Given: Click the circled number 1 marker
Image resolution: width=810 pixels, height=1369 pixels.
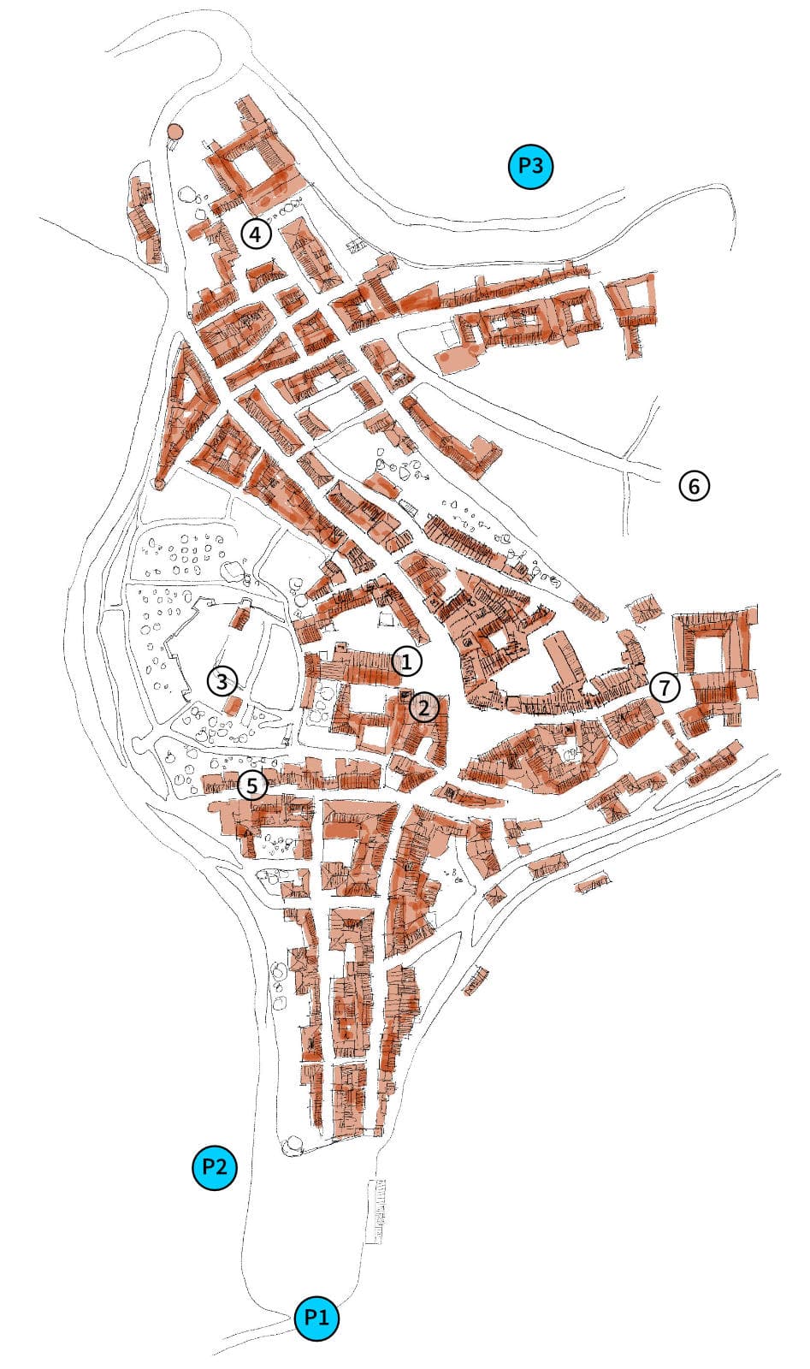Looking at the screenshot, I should [x=407, y=661].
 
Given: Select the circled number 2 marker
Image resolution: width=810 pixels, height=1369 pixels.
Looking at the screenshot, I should [x=424, y=707].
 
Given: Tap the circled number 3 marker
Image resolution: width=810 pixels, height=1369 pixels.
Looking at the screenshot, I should [x=222, y=681].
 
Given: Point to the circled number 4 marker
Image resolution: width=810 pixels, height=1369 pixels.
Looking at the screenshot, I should [x=256, y=233].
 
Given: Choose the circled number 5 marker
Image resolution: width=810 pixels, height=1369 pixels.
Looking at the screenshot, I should [x=252, y=785].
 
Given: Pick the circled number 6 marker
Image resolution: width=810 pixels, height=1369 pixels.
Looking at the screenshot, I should [x=695, y=486].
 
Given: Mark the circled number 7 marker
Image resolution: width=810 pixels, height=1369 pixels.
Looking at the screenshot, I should [x=665, y=686].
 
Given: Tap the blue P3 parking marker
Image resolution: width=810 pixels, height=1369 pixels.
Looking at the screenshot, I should [x=530, y=166].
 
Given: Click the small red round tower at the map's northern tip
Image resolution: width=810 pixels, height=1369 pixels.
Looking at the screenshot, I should [x=174, y=133].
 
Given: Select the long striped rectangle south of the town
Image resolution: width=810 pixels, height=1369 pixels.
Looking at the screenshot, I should [x=375, y=1211].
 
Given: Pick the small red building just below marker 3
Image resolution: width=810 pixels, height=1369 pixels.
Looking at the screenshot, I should [x=231, y=705].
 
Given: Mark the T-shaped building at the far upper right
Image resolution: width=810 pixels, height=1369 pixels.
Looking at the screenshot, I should [x=634, y=309].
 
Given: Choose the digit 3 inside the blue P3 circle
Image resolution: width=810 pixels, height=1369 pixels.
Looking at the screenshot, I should [x=538, y=166].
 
